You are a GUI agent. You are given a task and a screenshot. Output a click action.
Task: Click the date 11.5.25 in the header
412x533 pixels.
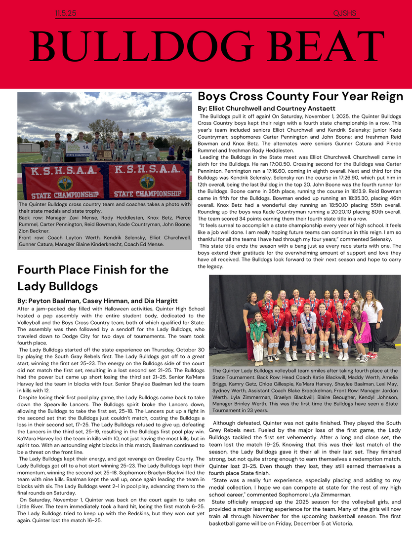[66, 14]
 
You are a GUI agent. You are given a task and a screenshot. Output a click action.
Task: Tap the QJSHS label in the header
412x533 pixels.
[345, 14]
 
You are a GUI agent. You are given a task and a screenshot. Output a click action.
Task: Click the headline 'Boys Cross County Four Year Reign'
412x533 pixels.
[300, 96]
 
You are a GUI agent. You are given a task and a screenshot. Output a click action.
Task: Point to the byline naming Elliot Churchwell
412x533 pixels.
[266, 108]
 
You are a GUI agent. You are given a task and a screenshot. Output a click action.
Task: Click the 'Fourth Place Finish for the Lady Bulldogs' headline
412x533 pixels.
[93, 278]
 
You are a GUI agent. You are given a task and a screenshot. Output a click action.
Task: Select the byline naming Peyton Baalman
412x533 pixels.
[97, 301]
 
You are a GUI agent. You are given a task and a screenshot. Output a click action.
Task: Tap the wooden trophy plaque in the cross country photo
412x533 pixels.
[104, 154]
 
